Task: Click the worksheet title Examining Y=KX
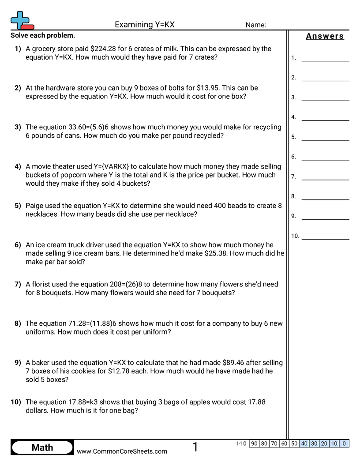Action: point(144,25)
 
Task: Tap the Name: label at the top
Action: point(255,25)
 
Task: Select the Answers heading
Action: point(325,36)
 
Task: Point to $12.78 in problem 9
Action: point(120,371)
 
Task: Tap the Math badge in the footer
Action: point(42,447)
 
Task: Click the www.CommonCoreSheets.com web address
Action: point(122,451)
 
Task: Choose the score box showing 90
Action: point(254,443)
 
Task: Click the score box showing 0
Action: point(344,443)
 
